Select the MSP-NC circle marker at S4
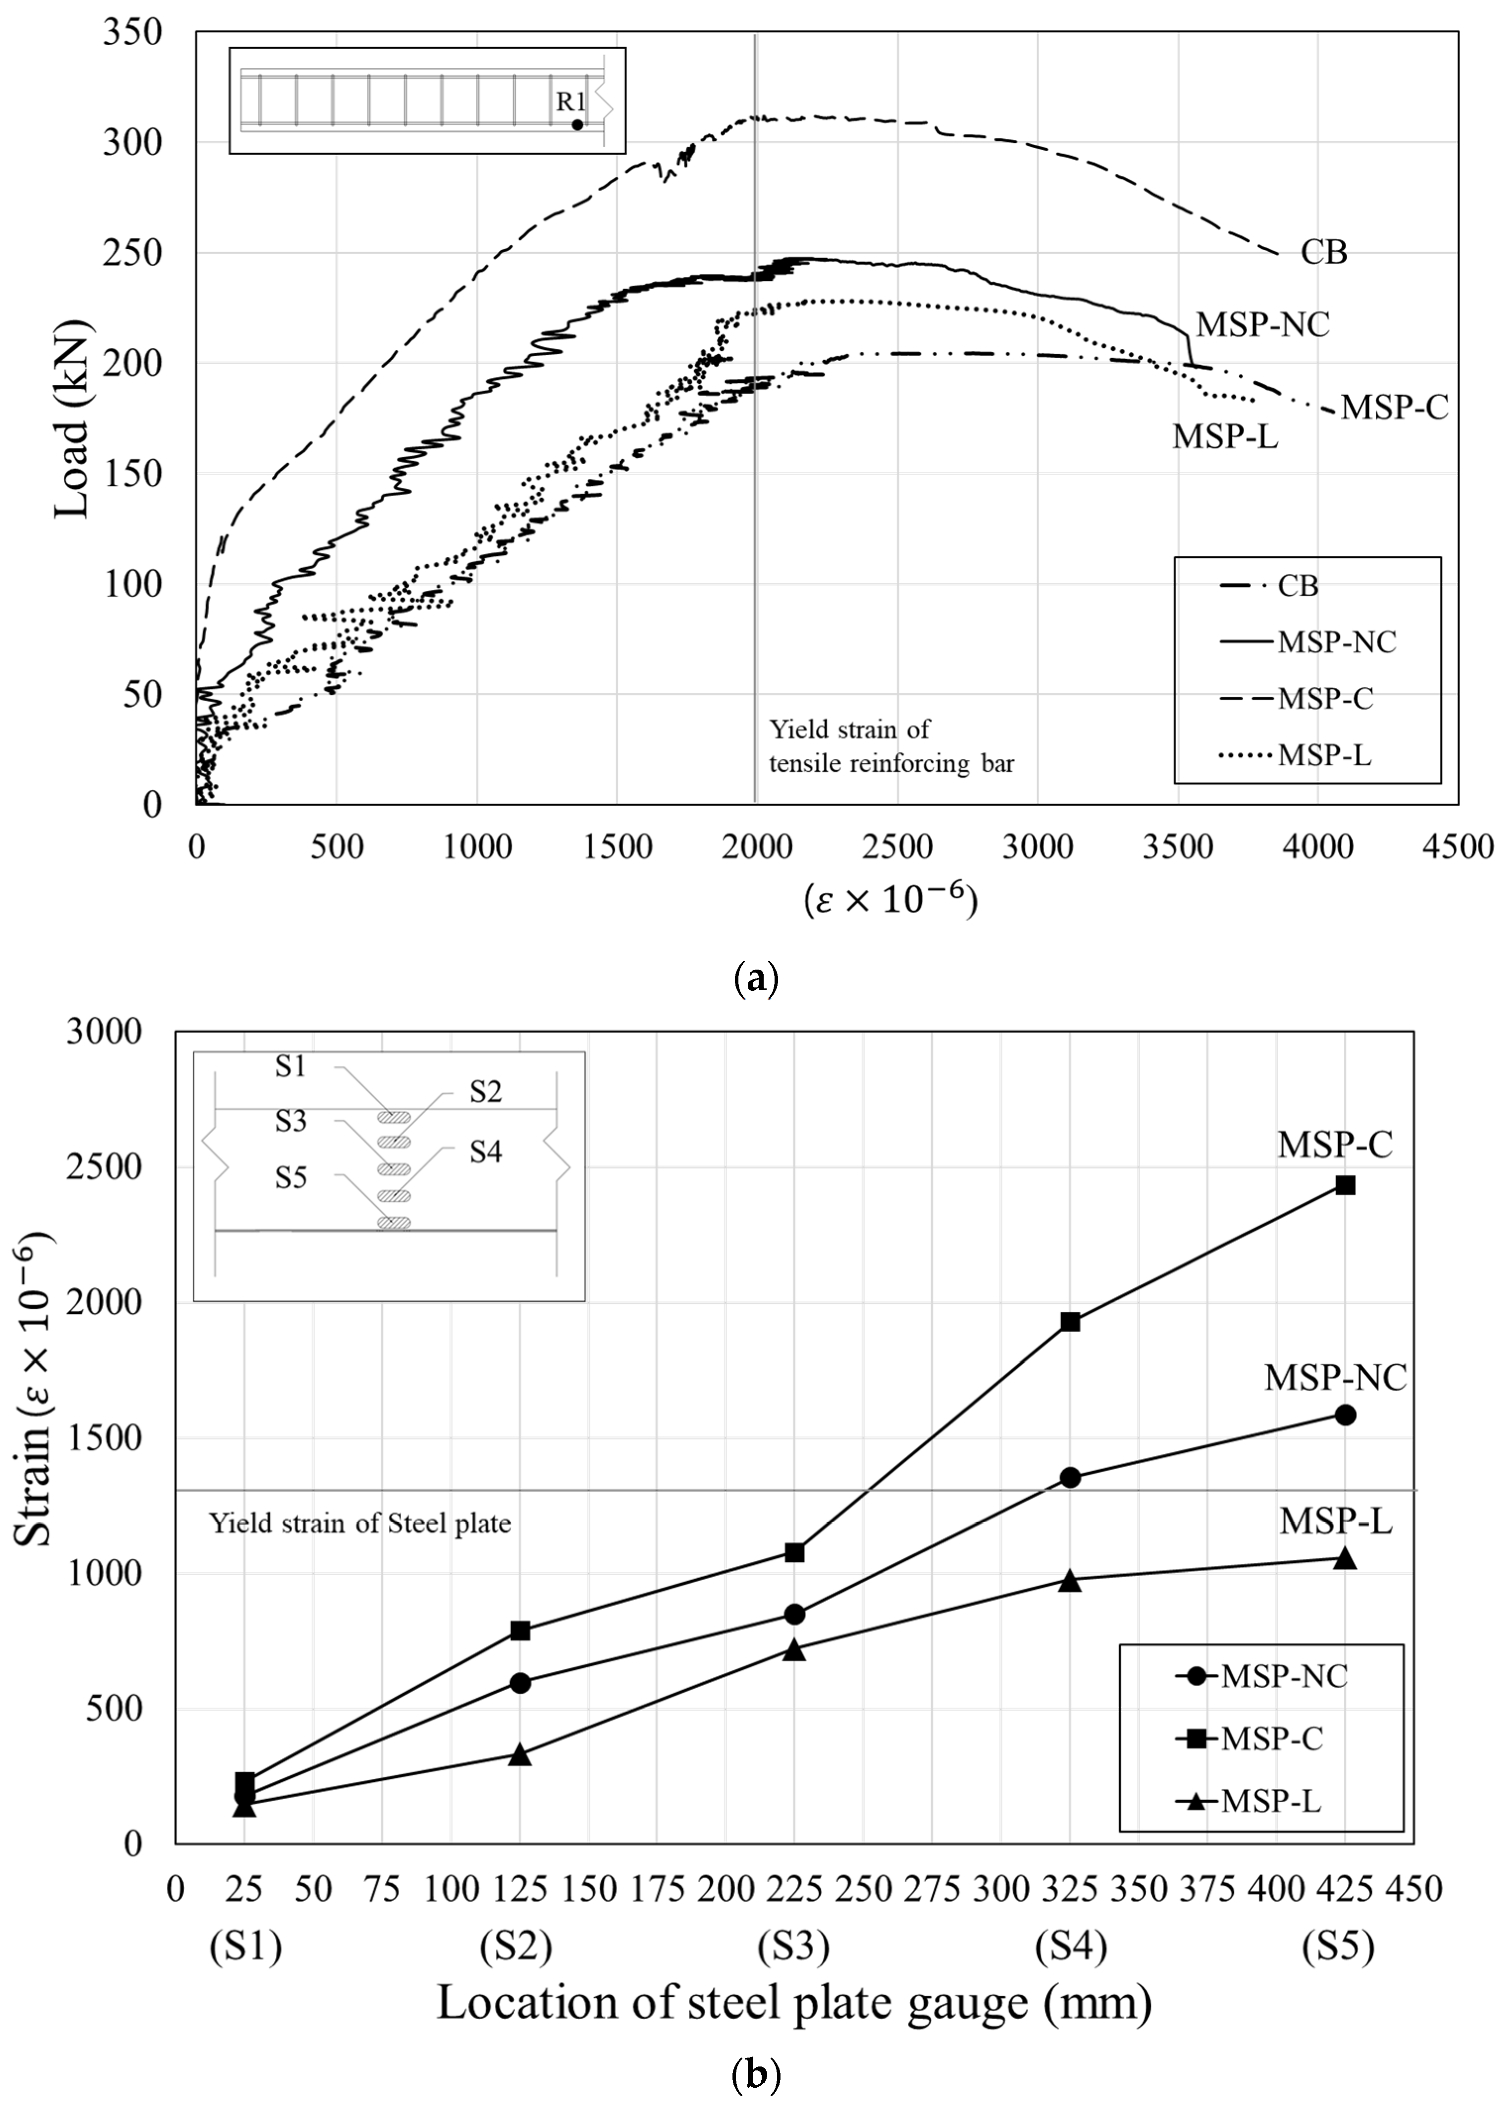point(1069,1477)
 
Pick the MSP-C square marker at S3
point(794,1551)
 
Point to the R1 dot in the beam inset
point(577,125)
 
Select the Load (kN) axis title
point(72,418)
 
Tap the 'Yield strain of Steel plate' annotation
point(360,1524)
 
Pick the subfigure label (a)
point(755,979)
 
